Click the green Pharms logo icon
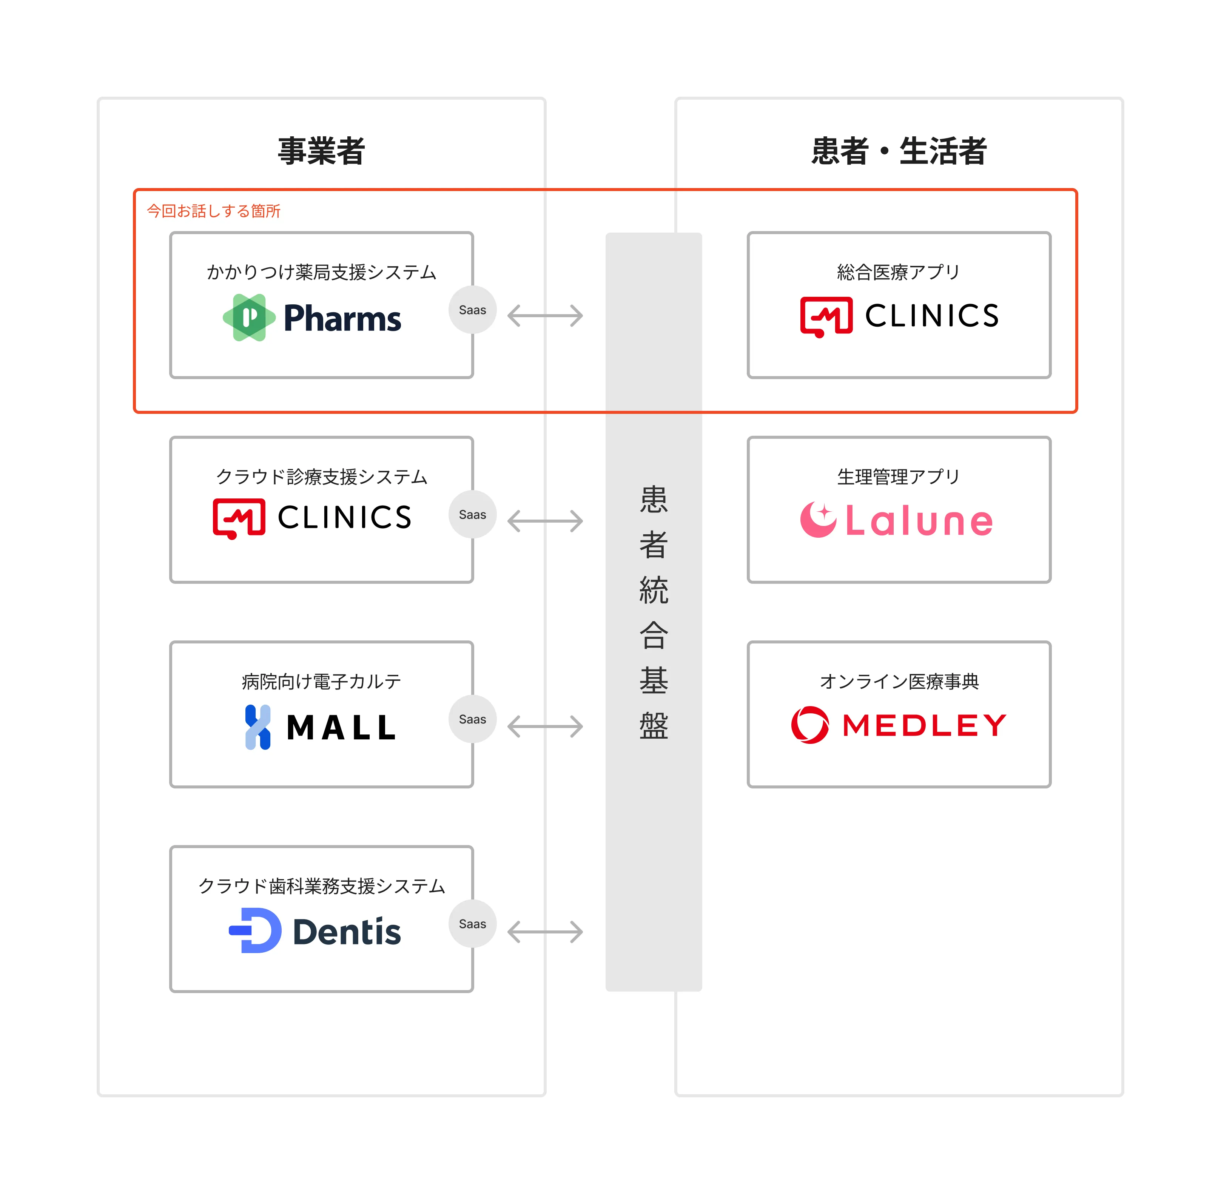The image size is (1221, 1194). click(x=249, y=317)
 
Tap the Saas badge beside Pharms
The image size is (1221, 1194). click(x=472, y=310)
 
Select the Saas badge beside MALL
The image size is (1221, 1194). click(x=472, y=719)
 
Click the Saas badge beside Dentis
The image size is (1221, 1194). click(x=472, y=924)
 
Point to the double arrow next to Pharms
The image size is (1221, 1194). click(x=545, y=315)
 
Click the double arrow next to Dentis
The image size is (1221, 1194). click(x=545, y=932)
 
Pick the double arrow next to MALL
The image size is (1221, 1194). click(x=545, y=727)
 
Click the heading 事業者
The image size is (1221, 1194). click(x=321, y=151)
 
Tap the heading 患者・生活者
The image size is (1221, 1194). click(x=899, y=151)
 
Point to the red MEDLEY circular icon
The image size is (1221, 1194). click(x=809, y=725)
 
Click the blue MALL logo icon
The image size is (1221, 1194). click(x=258, y=727)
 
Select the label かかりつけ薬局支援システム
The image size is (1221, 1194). click(x=321, y=272)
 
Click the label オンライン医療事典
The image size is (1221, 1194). click(x=899, y=681)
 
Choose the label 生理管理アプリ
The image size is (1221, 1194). click(x=899, y=477)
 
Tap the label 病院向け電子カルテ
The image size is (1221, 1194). click(x=321, y=681)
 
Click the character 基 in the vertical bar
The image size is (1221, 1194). click(x=654, y=680)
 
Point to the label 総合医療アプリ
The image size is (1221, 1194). click(x=899, y=272)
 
